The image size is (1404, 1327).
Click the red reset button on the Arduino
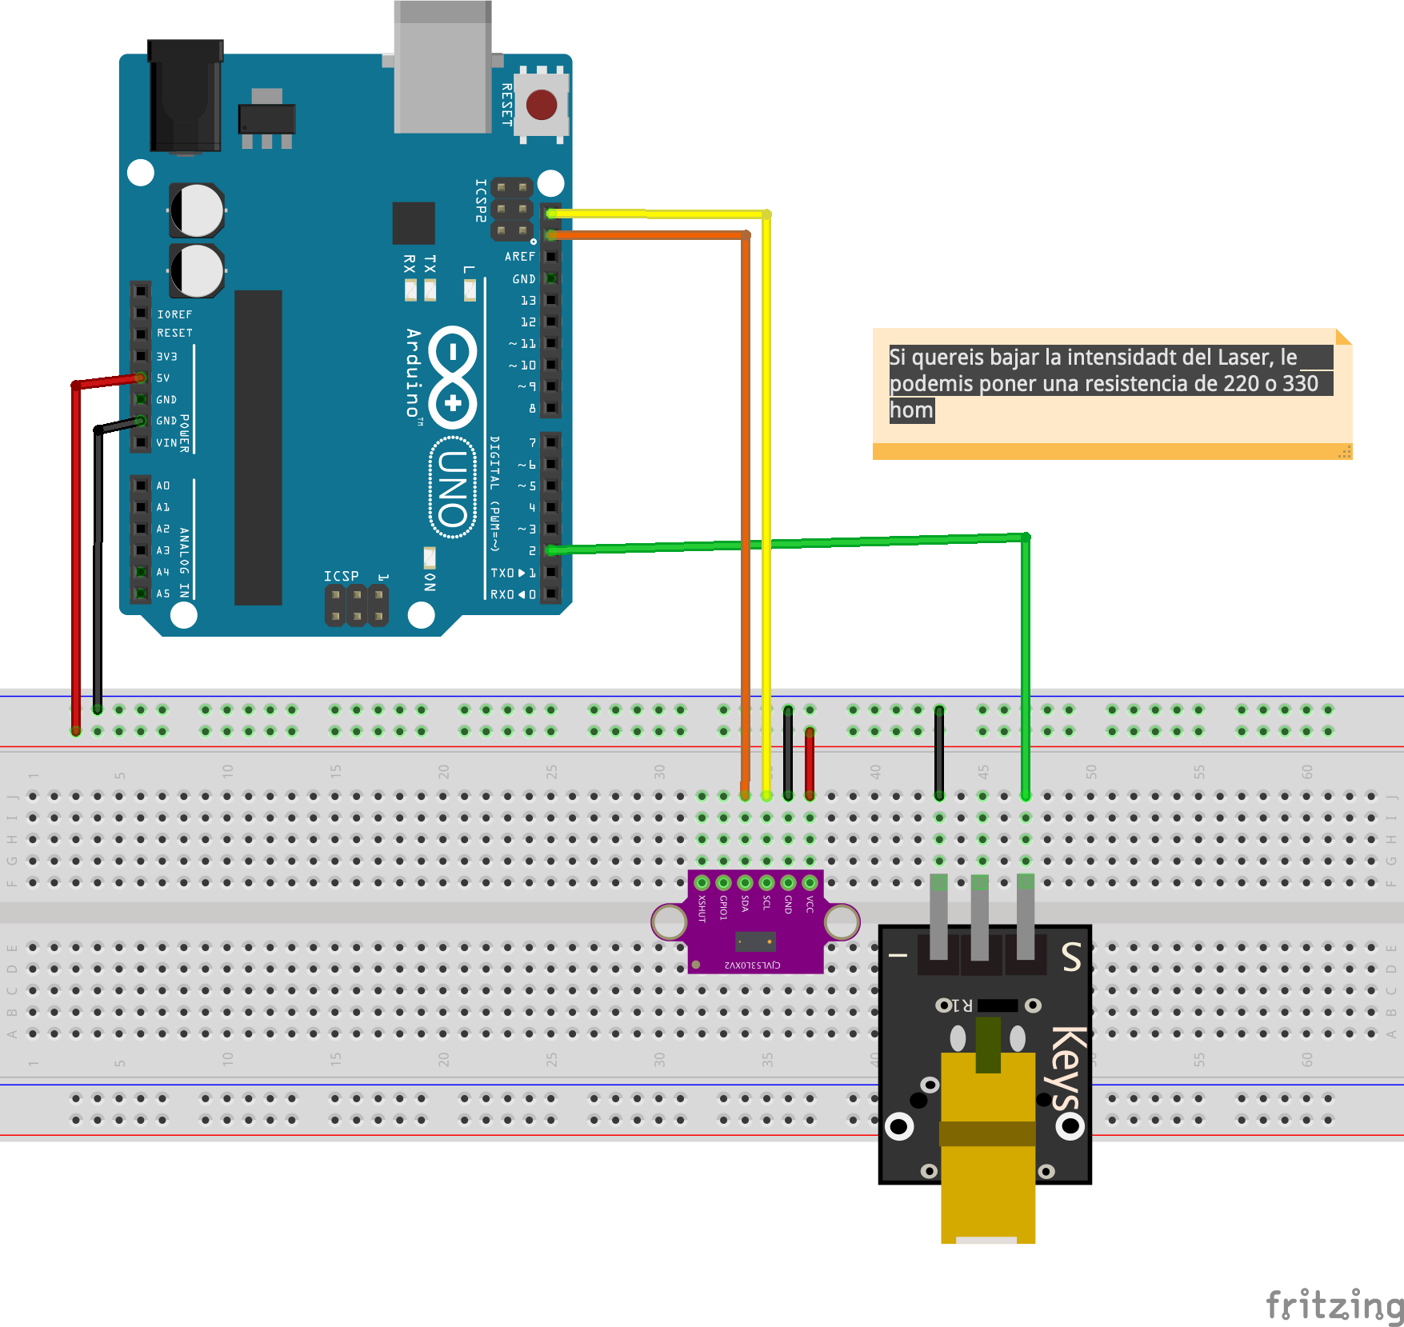click(x=542, y=105)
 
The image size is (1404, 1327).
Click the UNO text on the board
click(x=453, y=488)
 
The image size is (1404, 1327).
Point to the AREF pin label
click(x=520, y=257)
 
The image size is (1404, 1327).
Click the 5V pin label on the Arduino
click(x=163, y=378)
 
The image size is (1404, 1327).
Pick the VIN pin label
click(x=166, y=442)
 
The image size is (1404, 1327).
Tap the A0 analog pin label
click(x=163, y=486)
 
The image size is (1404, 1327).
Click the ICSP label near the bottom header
click(x=342, y=576)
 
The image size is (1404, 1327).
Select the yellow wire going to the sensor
click(x=766, y=480)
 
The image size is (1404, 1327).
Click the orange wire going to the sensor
click(x=746, y=480)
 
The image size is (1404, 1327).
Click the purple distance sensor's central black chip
click(x=755, y=941)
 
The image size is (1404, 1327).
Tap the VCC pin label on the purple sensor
click(x=810, y=905)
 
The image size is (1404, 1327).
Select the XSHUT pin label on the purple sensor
click(x=702, y=909)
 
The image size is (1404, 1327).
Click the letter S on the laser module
click(x=1071, y=957)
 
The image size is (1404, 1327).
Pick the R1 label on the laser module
click(x=962, y=1005)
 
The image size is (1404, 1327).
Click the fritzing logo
click(x=1334, y=1305)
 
